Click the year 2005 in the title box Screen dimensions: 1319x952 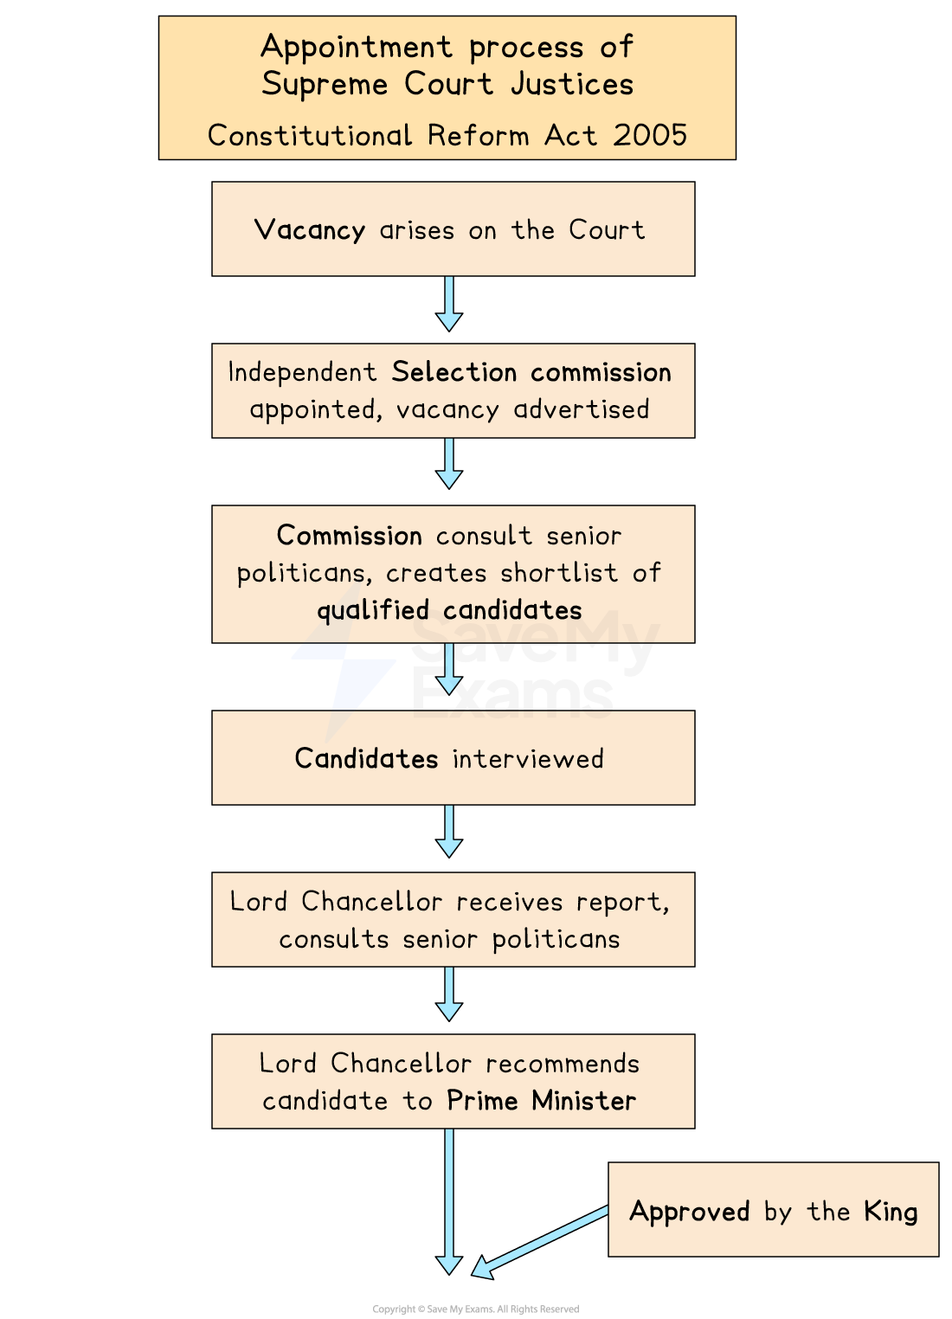tap(650, 136)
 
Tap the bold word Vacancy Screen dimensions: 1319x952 tap(309, 230)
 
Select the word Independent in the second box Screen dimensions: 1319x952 tap(302, 372)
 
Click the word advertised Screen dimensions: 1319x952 tap(581, 409)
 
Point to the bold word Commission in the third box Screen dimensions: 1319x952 tap(349, 536)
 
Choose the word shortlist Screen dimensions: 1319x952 tap(559, 573)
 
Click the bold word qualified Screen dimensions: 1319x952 tap(373, 611)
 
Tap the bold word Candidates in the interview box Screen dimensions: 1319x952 tap(366, 759)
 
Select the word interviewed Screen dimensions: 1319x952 tap(528, 759)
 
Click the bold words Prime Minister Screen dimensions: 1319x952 tap(541, 1101)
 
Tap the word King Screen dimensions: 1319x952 tap(890, 1212)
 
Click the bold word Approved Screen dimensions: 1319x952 tap(689, 1212)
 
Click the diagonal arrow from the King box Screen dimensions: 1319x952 tap(541, 1240)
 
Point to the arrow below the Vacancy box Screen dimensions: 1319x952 tap(449, 303)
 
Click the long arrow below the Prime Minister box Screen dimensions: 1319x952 tap(449, 1199)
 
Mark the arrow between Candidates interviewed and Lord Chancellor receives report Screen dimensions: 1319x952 tap(449, 831)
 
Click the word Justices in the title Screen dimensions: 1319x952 tap(571, 85)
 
